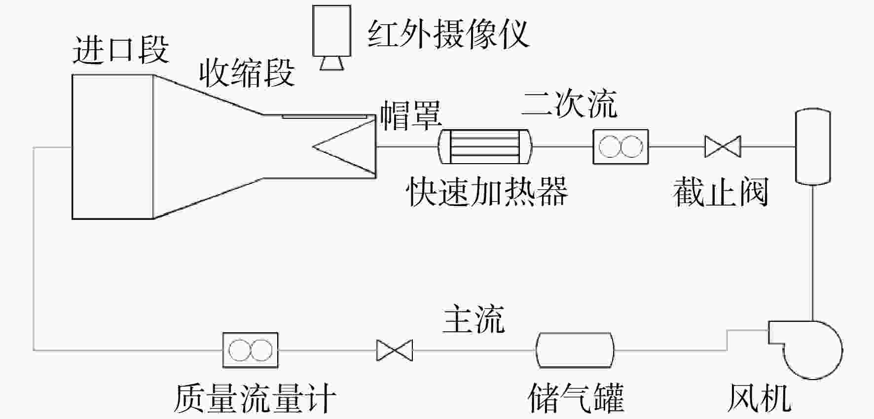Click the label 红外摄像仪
coord(448,34)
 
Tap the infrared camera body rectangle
coord(331,30)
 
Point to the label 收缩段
coord(247,72)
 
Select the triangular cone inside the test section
coord(344,147)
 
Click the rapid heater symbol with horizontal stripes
coord(485,146)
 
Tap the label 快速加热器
coord(487,191)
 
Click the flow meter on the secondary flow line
coord(620,146)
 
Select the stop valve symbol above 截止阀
coord(723,146)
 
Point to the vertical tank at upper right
coord(813,146)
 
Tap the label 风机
coord(760,398)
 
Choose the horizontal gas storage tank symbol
coord(575,350)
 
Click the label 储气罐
coord(576,398)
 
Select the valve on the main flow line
coord(395,350)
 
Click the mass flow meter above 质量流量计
coord(251,350)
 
